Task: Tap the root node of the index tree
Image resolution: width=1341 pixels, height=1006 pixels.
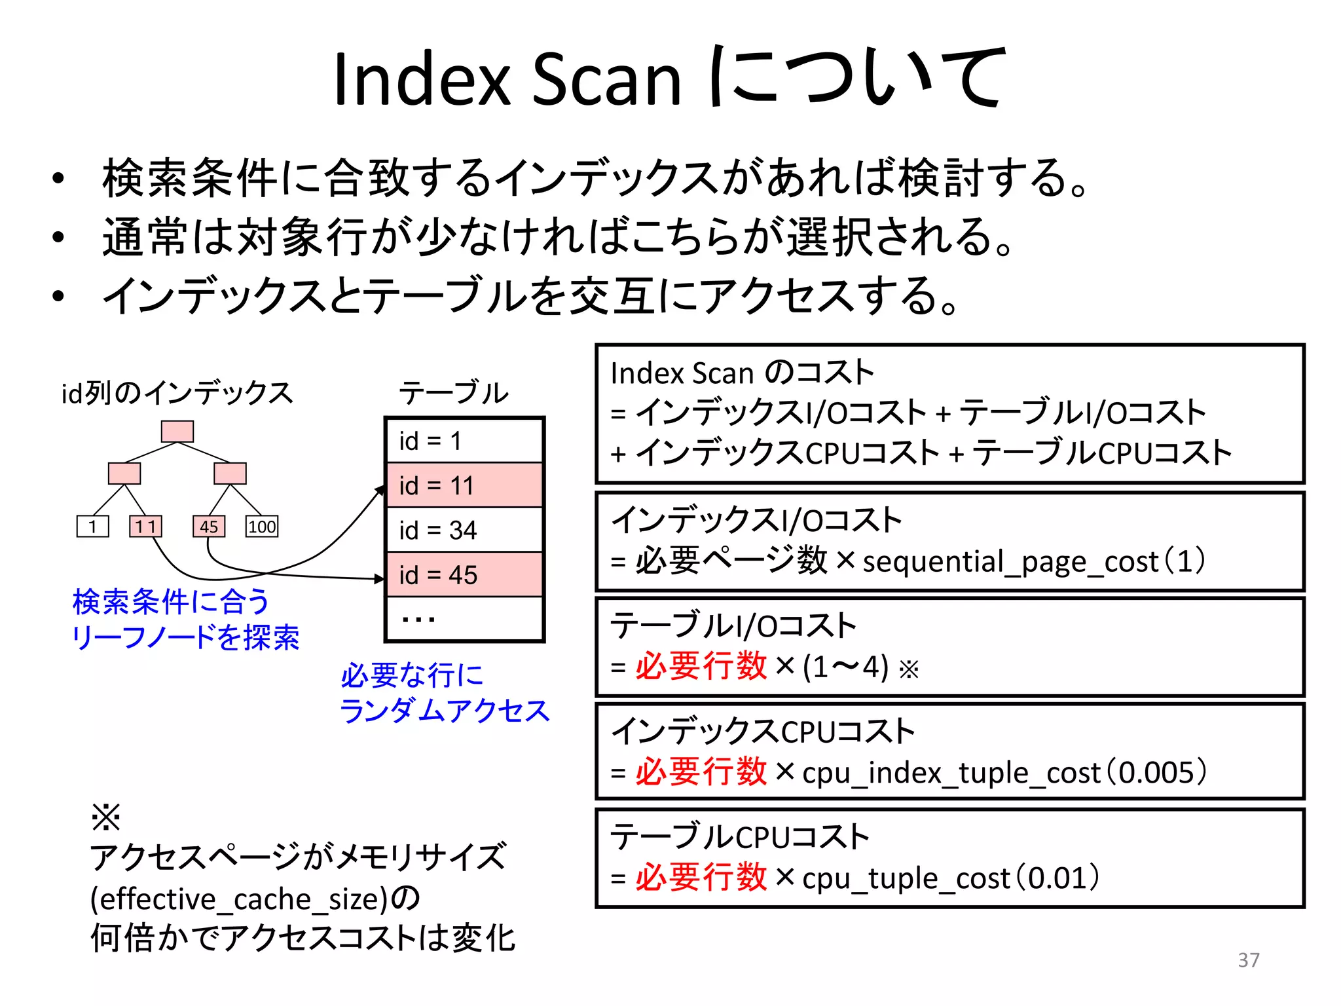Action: tap(177, 431)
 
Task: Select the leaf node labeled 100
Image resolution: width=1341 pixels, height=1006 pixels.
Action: tap(262, 527)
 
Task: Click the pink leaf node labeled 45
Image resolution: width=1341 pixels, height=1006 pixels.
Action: tap(209, 527)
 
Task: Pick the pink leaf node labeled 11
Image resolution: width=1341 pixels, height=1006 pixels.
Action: tap(145, 527)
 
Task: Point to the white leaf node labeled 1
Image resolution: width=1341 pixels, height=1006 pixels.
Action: tap(92, 527)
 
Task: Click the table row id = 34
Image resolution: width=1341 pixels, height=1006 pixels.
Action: tap(464, 530)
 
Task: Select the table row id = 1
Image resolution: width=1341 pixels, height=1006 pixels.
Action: tap(464, 441)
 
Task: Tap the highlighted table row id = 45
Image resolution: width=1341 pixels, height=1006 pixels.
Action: tap(464, 575)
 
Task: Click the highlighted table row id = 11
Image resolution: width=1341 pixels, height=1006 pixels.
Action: tap(464, 485)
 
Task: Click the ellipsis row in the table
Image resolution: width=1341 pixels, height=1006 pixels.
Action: tap(464, 618)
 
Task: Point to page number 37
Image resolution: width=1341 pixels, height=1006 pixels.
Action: tap(1249, 959)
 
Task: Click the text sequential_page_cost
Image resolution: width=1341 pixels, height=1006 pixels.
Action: tap(1010, 562)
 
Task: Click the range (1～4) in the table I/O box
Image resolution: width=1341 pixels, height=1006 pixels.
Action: tap(845, 667)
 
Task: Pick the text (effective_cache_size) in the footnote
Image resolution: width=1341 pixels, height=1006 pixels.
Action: tap(240, 899)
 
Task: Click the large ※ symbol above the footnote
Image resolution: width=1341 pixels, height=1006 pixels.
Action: tap(105, 817)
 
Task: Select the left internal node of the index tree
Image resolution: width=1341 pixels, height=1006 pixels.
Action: tap(124, 473)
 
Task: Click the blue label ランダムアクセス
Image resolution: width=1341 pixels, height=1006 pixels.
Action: tap(444, 711)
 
